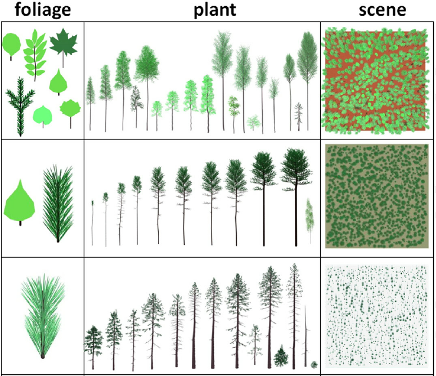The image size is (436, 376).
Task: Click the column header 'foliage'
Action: tap(42, 10)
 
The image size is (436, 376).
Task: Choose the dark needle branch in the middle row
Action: tap(58, 203)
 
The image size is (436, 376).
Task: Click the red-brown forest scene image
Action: tap(377, 80)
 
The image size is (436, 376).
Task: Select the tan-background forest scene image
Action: tap(377, 196)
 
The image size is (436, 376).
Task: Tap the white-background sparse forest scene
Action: tap(377, 315)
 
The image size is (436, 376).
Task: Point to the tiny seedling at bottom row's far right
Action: tap(314, 365)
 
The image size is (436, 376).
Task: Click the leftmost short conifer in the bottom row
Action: tap(92, 342)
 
